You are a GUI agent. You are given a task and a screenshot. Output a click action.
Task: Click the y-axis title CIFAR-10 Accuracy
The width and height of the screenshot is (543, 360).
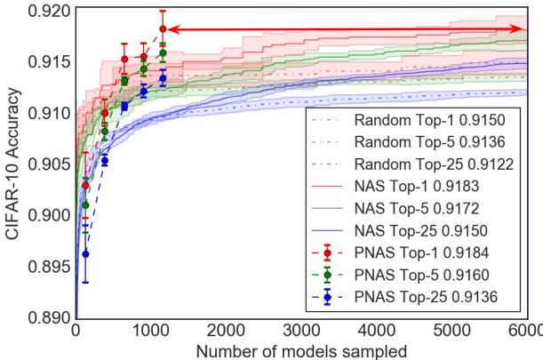click(12, 163)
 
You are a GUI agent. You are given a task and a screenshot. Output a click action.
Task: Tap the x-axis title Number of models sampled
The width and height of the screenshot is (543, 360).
click(302, 350)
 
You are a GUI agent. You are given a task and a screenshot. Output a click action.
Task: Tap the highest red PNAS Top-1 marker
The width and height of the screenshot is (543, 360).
click(163, 29)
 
